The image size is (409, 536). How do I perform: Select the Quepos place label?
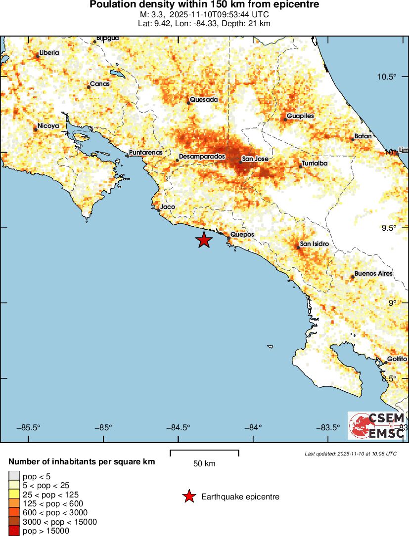point(242,235)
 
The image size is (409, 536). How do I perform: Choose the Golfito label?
point(397,359)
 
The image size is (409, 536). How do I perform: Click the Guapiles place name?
point(300,116)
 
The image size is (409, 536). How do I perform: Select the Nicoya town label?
point(48,126)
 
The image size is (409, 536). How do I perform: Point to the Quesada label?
point(204,100)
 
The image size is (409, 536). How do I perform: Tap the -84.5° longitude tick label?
point(179,428)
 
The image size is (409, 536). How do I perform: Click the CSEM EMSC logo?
point(376,425)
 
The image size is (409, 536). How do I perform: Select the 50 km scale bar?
point(204,453)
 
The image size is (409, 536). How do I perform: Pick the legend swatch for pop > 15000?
point(14,531)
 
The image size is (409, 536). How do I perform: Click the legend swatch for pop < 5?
point(14,476)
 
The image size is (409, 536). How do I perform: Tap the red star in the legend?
point(188,496)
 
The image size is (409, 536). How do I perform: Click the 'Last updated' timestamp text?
point(350,453)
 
